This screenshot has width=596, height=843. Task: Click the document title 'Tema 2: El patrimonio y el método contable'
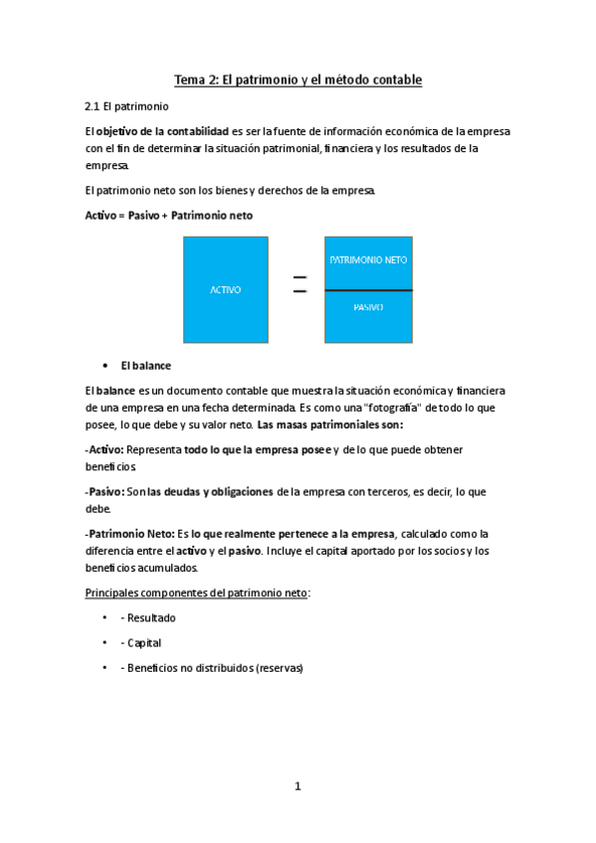pyautogui.click(x=298, y=80)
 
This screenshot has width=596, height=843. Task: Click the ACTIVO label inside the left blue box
pyautogui.click(x=225, y=290)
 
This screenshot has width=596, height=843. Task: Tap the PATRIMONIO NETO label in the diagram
pyautogui.click(x=368, y=260)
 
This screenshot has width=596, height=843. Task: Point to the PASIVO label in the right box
pyautogui.click(x=368, y=307)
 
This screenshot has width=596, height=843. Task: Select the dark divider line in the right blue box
pyautogui.click(x=368, y=289)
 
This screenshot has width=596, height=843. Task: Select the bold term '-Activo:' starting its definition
pyautogui.click(x=104, y=450)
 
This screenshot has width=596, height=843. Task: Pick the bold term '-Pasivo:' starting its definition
pyautogui.click(x=105, y=492)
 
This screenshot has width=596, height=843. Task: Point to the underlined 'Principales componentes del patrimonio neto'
pyautogui.click(x=196, y=592)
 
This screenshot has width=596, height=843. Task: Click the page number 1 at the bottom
pyautogui.click(x=297, y=786)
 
